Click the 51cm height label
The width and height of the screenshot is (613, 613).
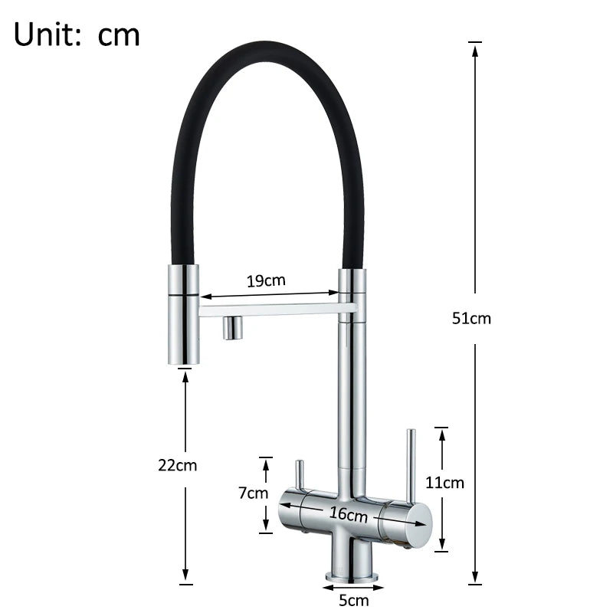point(471,319)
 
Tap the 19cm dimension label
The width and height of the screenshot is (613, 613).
point(266,280)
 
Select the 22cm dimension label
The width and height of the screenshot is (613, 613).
point(177,465)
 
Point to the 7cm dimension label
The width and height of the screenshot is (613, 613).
point(253,493)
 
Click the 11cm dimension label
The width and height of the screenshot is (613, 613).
point(445,483)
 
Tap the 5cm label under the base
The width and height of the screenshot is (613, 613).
point(353,601)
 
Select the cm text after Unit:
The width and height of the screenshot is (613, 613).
point(119,35)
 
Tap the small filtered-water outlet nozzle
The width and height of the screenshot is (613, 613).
point(232,328)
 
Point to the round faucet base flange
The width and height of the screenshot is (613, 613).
point(352,575)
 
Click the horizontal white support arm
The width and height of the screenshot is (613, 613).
point(276,310)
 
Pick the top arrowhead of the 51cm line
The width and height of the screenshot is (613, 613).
point(475,51)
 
